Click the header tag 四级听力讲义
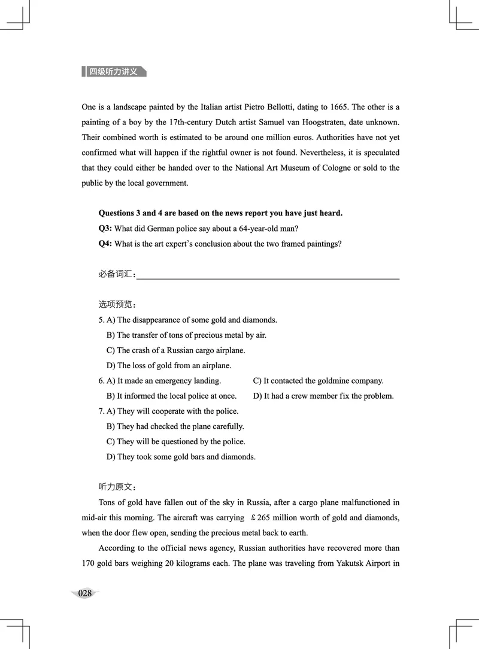(x=114, y=72)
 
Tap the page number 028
(x=85, y=593)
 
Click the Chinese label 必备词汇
(x=117, y=274)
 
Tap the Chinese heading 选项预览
(x=117, y=305)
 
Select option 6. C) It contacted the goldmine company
(x=318, y=381)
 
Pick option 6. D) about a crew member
(x=323, y=396)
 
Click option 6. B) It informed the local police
(x=171, y=396)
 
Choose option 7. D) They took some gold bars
(x=181, y=457)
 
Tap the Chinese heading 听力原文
(x=117, y=487)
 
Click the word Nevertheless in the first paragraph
(x=293, y=153)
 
